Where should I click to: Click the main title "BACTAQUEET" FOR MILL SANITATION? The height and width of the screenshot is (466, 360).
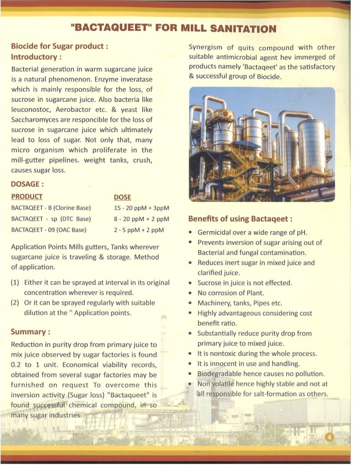pos(173,29)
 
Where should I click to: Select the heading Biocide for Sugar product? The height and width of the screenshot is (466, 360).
pos(60,46)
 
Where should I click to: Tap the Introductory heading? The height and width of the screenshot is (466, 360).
pos(36,57)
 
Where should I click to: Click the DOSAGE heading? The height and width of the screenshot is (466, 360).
pos(28,185)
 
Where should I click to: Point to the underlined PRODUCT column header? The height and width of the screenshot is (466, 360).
pos(27,197)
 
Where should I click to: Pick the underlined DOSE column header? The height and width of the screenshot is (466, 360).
pos(122,197)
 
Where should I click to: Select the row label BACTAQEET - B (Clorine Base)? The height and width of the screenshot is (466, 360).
pos(51,208)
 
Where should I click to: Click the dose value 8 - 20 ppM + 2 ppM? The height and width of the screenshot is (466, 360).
pos(141,219)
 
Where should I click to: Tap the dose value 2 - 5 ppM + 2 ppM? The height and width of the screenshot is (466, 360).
pos(138,230)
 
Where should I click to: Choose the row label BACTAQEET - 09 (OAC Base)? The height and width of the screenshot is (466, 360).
pos(49,230)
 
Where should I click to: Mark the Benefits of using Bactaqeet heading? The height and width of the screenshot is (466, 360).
pos(240,219)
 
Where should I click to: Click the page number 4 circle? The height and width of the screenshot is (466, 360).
pos(330,437)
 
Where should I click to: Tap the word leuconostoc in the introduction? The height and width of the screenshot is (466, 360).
pos(32,110)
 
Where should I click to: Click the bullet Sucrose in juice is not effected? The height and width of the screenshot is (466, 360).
pos(244,283)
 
